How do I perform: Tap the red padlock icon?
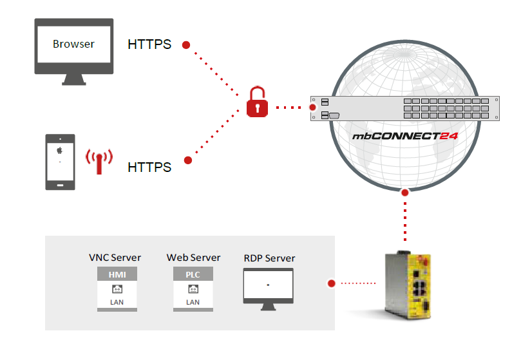click(256, 103)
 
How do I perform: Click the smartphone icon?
click(60, 162)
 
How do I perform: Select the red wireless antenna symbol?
click(100, 160)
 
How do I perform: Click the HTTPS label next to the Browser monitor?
click(149, 45)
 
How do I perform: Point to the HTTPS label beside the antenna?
click(149, 167)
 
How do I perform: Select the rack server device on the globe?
click(404, 108)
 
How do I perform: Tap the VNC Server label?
click(115, 258)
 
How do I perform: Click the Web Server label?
click(193, 258)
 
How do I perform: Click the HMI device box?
click(117, 290)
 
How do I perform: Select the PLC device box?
click(193, 290)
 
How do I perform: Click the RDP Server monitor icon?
click(268, 287)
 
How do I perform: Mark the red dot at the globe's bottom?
click(404, 192)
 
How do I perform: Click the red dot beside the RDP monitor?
click(332, 283)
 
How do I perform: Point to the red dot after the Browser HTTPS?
click(186, 45)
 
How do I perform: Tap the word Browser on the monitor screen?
click(73, 44)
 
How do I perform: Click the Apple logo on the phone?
click(60, 150)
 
